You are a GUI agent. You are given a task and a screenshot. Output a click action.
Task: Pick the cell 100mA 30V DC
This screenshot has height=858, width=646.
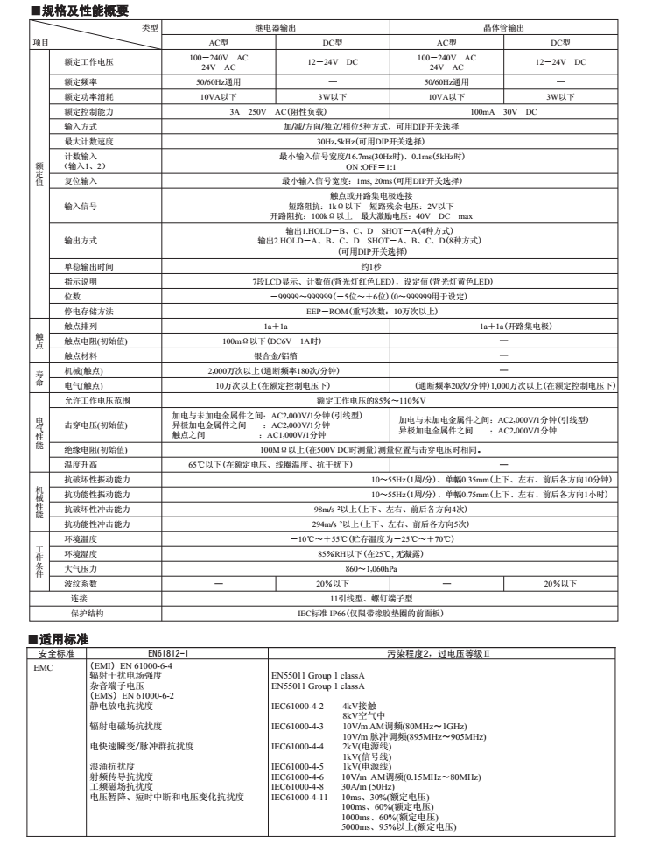pyautogui.click(x=502, y=112)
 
